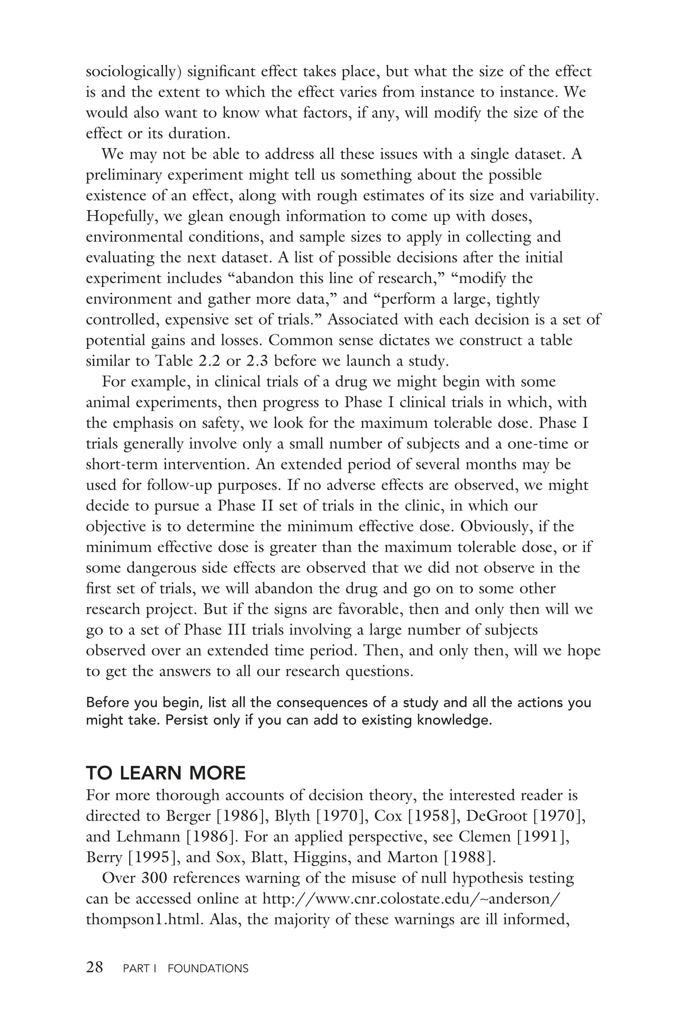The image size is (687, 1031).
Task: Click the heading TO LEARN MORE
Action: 166,773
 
